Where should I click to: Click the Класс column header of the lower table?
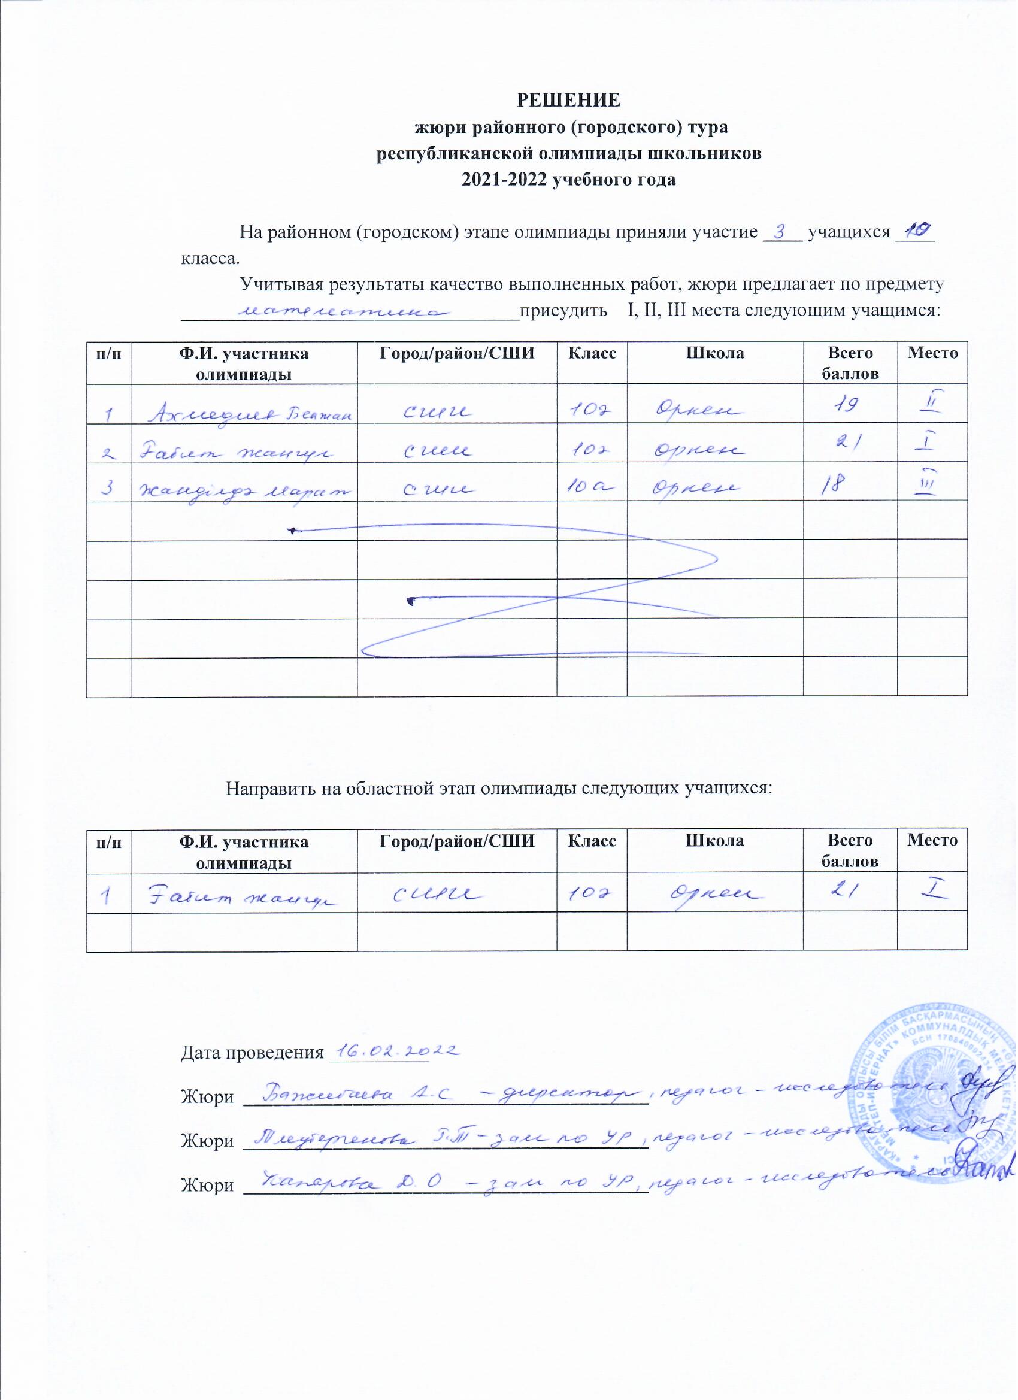(x=592, y=840)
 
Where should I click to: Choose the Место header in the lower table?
(x=932, y=840)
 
